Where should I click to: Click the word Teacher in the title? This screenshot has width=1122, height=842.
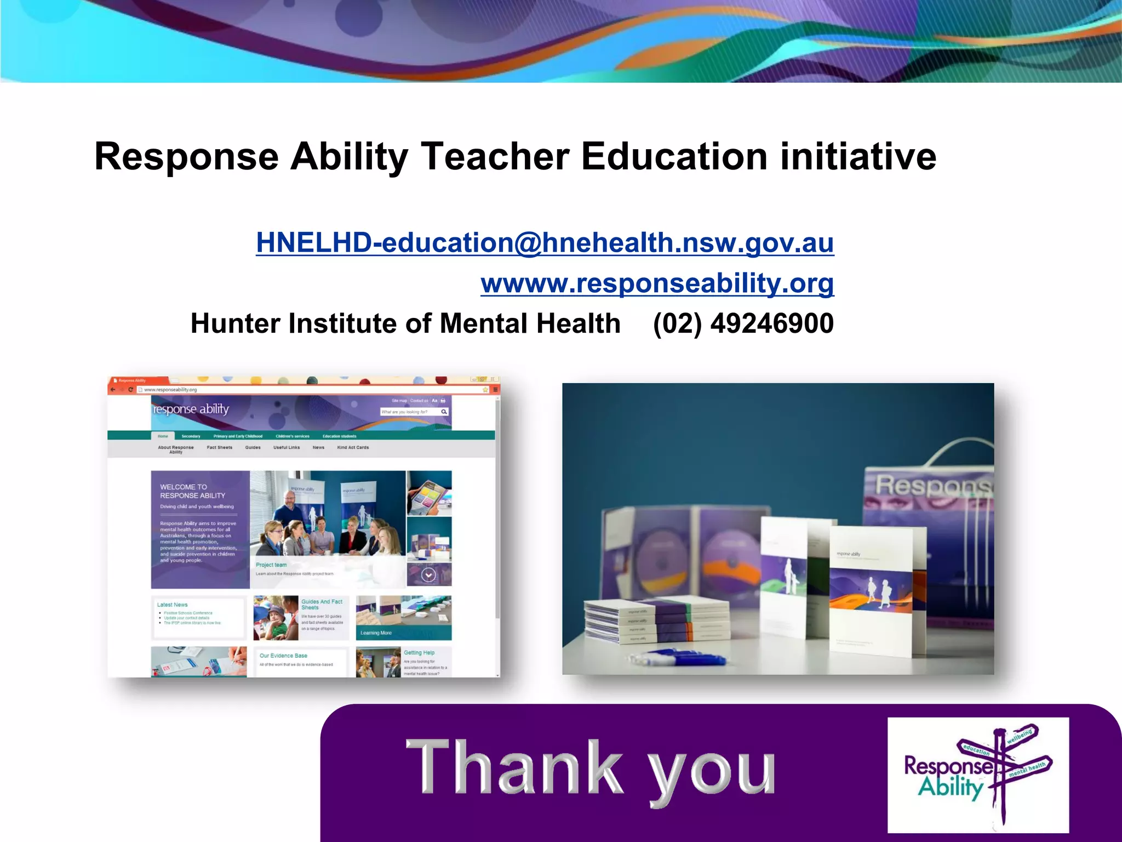(495, 157)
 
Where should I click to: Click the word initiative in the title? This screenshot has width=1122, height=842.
(858, 157)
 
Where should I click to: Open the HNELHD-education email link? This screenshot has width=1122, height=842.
(545, 242)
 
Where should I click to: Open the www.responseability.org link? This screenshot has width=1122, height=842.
(657, 283)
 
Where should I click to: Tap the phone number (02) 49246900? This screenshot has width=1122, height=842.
(743, 323)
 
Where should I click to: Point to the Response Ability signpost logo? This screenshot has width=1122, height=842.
(978, 775)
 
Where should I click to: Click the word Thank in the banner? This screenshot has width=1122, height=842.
(514, 767)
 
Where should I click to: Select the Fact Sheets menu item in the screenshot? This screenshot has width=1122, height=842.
(219, 448)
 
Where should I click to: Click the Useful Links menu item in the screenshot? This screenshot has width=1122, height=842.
(287, 448)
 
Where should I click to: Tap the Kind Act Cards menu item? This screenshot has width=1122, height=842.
(353, 448)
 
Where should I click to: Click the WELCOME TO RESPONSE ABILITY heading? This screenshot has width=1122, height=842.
(192, 491)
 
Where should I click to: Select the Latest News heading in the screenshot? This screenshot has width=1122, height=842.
(172, 605)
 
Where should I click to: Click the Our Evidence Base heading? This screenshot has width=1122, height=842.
(283, 656)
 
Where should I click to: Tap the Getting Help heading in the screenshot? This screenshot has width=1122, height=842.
(419, 653)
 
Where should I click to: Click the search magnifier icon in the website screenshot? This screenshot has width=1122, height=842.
(444, 412)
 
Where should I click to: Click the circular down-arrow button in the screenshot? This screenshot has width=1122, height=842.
(428, 575)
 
